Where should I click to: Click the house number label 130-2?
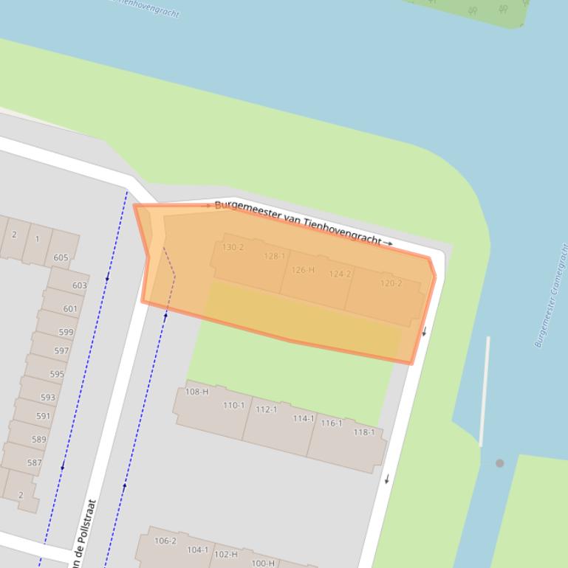[x=233, y=247]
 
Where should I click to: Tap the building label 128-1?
[x=275, y=256]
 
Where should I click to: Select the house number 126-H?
[x=303, y=270]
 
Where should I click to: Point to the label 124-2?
[x=340, y=274]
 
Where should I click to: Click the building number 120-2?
[x=391, y=283]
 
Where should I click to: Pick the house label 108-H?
[x=196, y=392]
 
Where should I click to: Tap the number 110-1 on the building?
[x=233, y=405]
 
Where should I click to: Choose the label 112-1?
[x=266, y=409]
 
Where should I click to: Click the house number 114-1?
[x=303, y=418]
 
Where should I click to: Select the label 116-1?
[x=331, y=423]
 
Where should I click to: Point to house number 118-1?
[x=363, y=432]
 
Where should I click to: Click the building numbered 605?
[x=61, y=257]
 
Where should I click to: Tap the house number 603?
[x=79, y=285]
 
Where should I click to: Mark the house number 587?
[x=34, y=463]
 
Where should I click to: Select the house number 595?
[x=57, y=374]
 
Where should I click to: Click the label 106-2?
[x=165, y=541]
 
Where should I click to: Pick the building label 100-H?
[x=262, y=563]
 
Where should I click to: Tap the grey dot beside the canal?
[x=500, y=463]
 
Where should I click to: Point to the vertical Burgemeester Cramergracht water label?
[x=550, y=295]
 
